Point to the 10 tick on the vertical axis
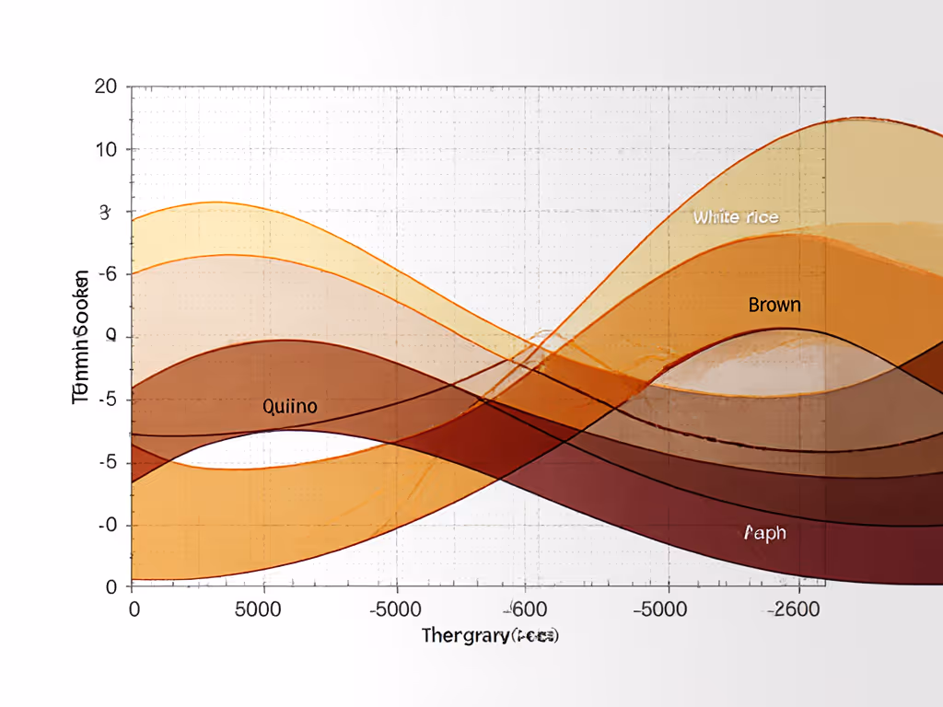105,149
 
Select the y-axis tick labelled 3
104,212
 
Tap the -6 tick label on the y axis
106,274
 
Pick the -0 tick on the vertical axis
107,525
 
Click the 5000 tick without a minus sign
264,609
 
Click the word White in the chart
716,217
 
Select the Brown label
774,305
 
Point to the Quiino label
290,406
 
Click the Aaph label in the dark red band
764,533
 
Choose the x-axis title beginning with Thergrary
491,635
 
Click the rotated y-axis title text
81,337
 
